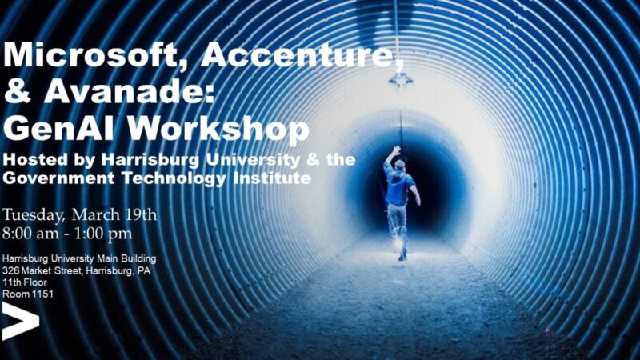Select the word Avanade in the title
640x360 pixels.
tap(129, 91)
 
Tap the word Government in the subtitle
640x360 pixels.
tap(58, 178)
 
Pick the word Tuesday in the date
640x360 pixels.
tap(34, 215)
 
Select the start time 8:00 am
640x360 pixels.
tap(30, 234)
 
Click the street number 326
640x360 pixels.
tap(10, 270)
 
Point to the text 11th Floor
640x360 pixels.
tap(25, 282)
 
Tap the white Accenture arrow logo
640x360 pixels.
tap(21, 322)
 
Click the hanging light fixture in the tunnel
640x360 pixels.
tap(400, 78)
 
